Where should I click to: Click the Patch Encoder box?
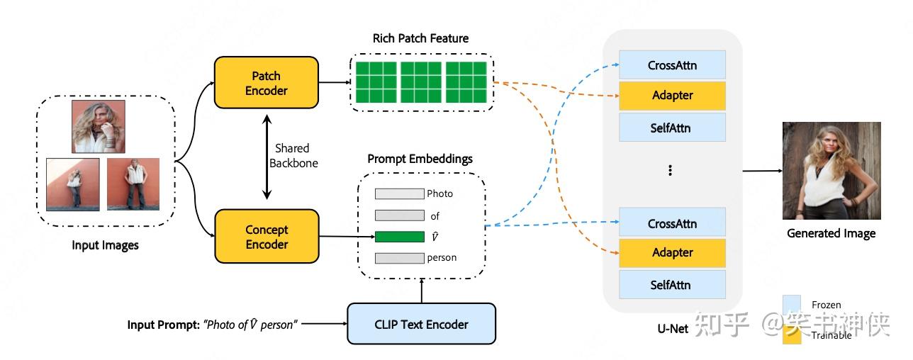pos(267,84)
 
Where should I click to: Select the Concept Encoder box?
pos(267,237)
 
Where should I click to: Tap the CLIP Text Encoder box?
pos(421,325)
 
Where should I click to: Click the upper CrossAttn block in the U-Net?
pos(672,65)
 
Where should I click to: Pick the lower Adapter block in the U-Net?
pos(672,252)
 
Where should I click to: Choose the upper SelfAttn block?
pos(672,128)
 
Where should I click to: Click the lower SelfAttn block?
pos(672,285)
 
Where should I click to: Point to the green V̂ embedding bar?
pos(399,237)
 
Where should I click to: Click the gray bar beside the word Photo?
pos(399,193)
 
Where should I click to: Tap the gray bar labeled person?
pos(399,258)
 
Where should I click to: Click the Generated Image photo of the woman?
pos(831,171)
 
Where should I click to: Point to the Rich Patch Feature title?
pos(420,38)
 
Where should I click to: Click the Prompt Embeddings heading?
pos(420,159)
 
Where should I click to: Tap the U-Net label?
pos(673,329)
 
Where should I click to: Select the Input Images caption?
pos(105,246)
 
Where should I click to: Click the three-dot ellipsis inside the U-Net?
pos(670,171)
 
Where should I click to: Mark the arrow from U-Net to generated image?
pos(762,171)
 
